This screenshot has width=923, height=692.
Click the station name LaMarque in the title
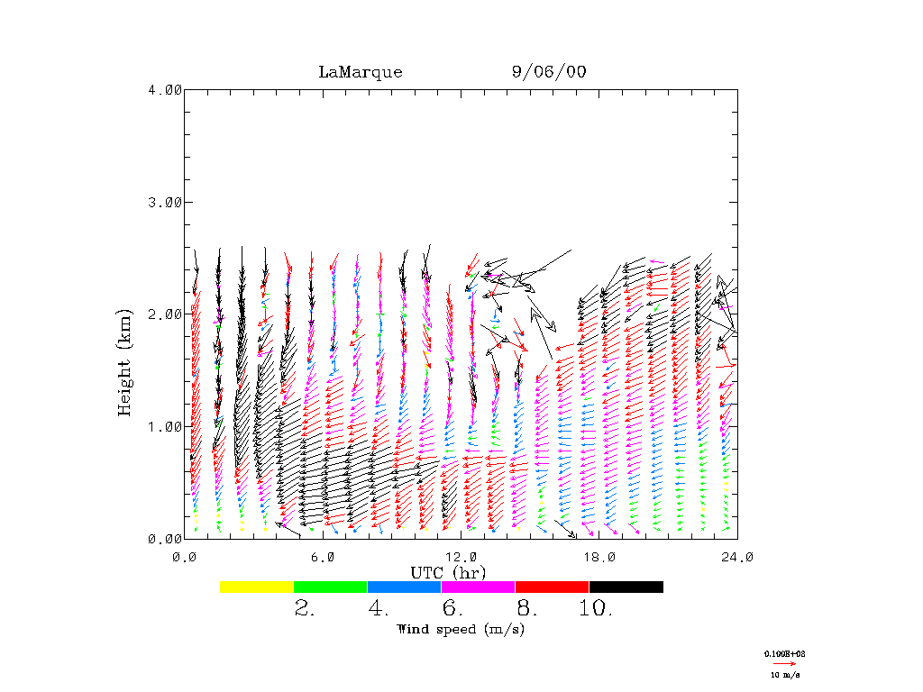coord(360,72)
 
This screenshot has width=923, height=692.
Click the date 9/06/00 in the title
coord(548,72)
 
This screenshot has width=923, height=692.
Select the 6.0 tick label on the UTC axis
coord(324,558)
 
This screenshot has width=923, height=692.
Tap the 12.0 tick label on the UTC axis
coord(461,558)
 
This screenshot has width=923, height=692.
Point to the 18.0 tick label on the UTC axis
coord(599,558)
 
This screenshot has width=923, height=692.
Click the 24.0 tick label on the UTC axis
coord(736,558)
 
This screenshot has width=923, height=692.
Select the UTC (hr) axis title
coord(448,572)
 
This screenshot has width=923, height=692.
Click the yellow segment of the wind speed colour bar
coord(257,587)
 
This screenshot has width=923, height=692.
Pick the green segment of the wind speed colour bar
coord(331,587)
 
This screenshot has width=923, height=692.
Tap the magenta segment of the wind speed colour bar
coord(478,587)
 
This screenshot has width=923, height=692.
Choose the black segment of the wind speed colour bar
coord(626,587)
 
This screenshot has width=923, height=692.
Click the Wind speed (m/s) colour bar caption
coord(460,629)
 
